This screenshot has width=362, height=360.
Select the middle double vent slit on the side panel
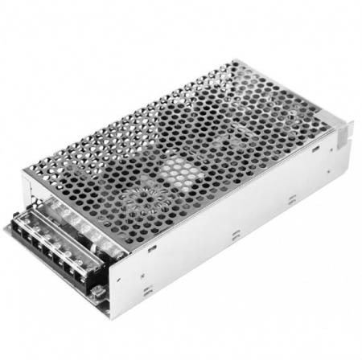tap(234, 237)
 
